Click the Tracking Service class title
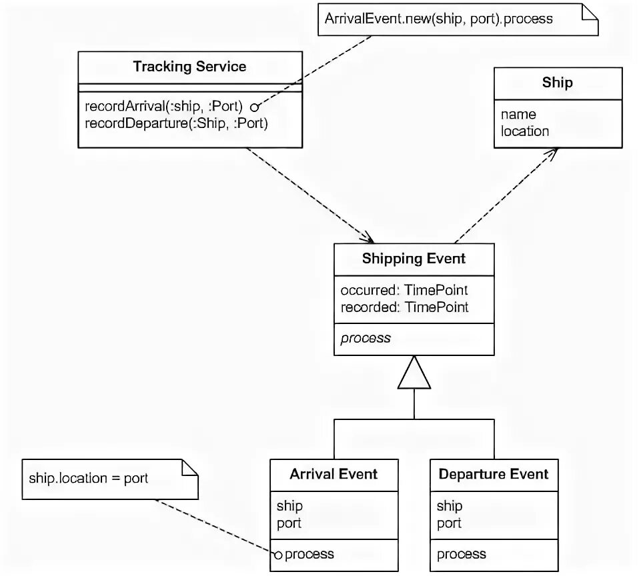click(189, 67)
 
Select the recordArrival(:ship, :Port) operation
click(164, 107)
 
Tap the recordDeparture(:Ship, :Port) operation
click(177, 123)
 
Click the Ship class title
click(558, 83)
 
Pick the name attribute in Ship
click(518, 114)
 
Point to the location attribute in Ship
click(525, 131)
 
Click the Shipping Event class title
click(414, 259)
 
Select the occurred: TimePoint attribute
click(404, 290)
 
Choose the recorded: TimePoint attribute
click(404, 307)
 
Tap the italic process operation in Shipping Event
click(366, 338)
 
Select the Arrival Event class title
click(334, 474)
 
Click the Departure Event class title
click(494, 474)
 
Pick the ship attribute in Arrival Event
click(289, 506)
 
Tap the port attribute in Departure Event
click(449, 523)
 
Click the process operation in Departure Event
click(462, 554)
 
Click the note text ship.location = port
click(89, 478)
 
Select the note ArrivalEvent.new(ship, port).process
click(438, 19)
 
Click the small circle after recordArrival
click(254, 107)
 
